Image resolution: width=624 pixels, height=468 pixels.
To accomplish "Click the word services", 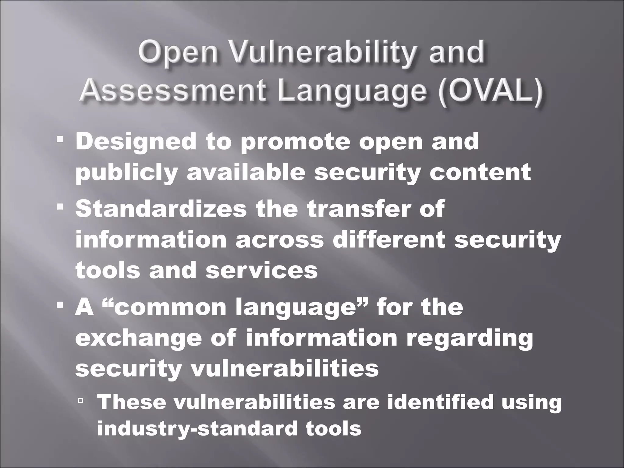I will [262, 270].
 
